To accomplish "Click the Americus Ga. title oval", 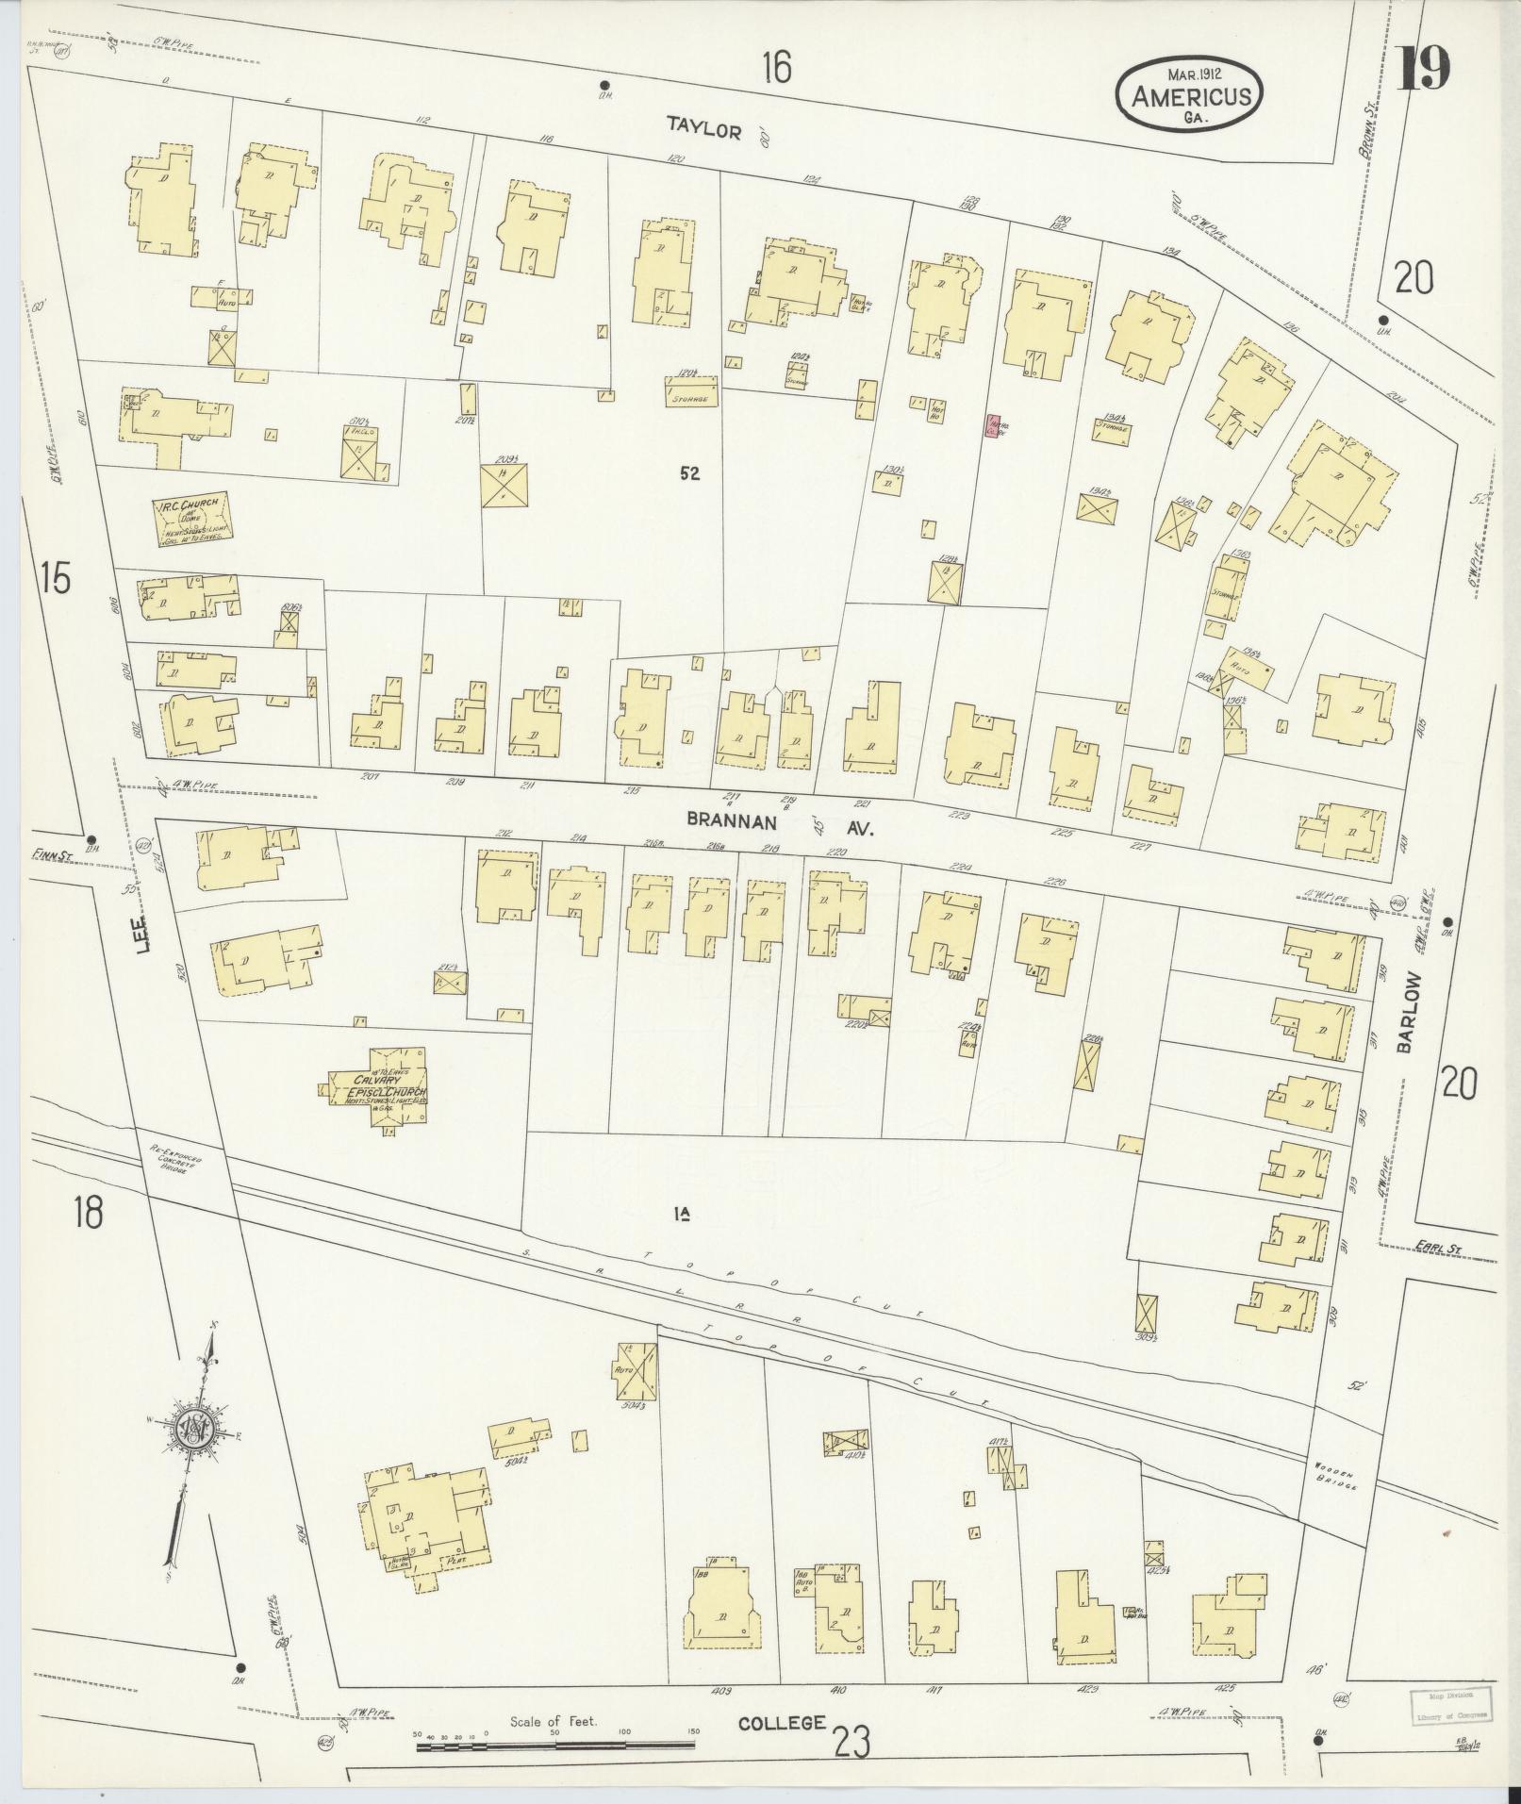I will (x=1191, y=95).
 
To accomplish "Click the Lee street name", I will (x=142, y=934).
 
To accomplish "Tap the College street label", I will (x=782, y=1723).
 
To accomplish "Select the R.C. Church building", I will (x=192, y=521).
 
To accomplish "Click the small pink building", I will (x=992, y=426).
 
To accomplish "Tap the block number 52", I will (x=689, y=474).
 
